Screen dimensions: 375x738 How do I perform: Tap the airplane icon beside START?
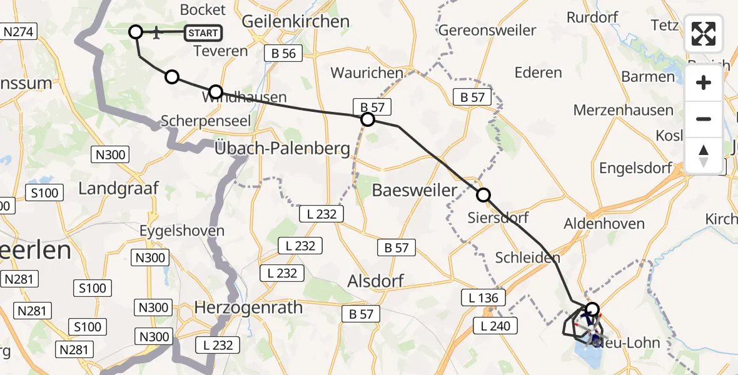(x=156, y=32)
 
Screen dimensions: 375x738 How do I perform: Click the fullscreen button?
(x=704, y=33)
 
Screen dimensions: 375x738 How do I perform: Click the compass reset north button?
(x=704, y=156)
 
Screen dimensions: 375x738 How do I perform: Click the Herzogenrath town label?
(x=249, y=307)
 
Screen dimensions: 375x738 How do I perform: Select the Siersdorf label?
(x=498, y=217)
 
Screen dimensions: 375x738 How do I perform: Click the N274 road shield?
(x=20, y=31)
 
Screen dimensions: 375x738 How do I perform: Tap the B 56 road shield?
(x=284, y=54)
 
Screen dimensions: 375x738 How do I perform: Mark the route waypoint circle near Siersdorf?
(x=483, y=195)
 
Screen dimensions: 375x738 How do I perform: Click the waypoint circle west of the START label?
(x=136, y=31)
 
